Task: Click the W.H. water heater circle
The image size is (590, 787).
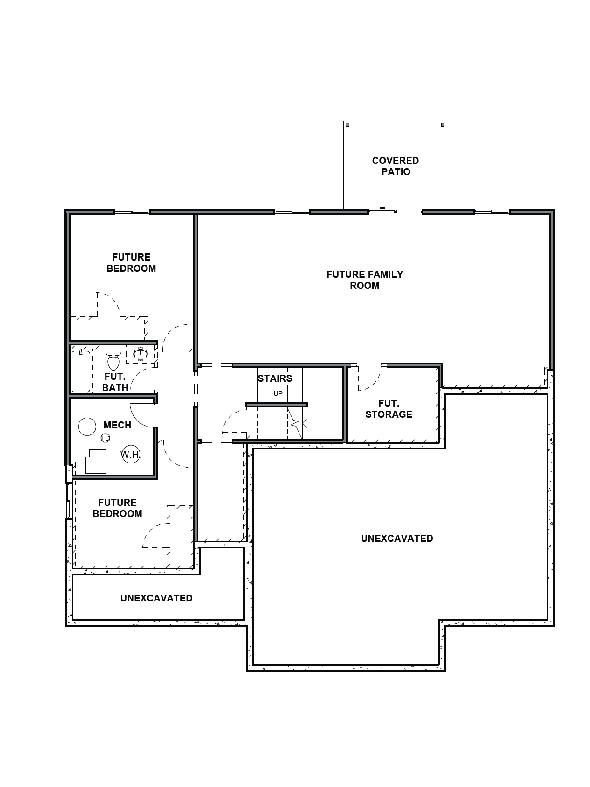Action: pyautogui.click(x=131, y=454)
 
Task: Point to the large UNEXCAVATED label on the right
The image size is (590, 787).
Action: pyautogui.click(x=397, y=538)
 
